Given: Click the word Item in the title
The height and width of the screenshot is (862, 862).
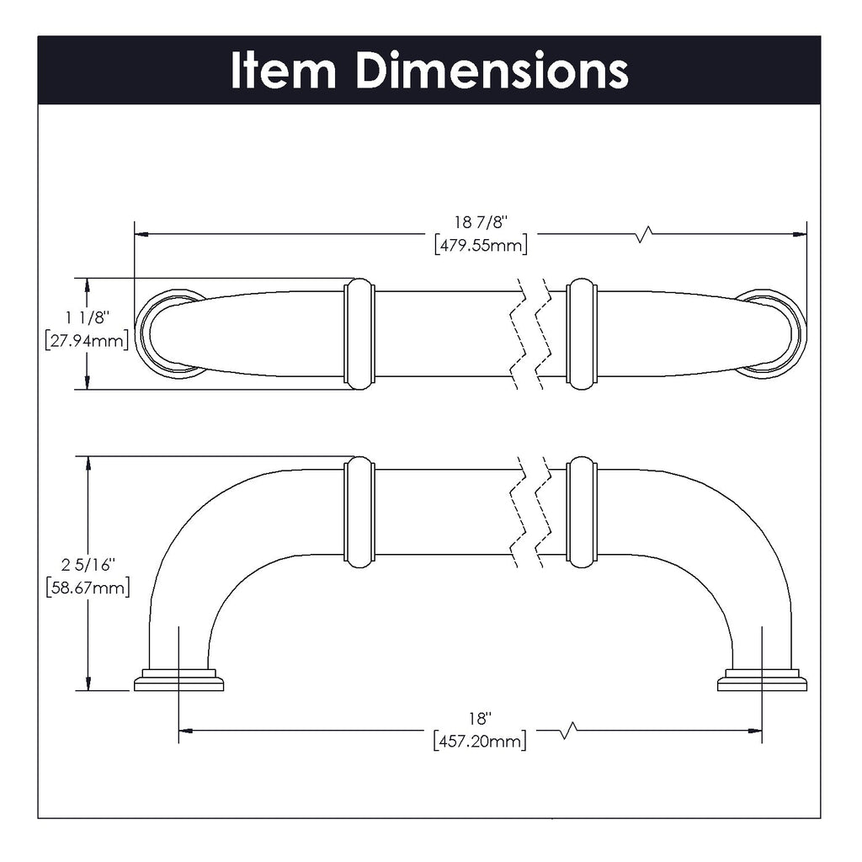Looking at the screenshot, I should [283, 71].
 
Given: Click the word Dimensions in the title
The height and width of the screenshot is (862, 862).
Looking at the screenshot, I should [492, 71].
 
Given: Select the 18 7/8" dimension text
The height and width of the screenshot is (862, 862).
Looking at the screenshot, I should [481, 222].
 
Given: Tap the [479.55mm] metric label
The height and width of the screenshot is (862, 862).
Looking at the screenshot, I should [481, 245].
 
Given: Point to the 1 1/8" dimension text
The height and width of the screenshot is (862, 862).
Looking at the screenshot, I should [87, 317].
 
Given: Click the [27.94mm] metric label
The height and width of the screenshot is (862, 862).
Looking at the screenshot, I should [87, 341].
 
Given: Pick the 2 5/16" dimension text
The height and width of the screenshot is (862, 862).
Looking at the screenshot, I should [87, 563].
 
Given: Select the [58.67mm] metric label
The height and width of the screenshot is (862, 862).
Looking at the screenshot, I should [87, 587].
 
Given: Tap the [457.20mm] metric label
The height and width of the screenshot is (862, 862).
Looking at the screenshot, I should [480, 742].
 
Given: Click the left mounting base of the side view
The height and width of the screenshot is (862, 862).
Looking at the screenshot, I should [178, 680].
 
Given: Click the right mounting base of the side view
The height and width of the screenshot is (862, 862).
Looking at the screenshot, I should [762, 680].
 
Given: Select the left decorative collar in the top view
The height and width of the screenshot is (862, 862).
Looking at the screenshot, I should [359, 333].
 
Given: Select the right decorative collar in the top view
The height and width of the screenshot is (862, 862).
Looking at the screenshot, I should [582, 333].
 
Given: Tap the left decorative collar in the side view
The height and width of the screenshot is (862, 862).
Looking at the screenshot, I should [359, 512].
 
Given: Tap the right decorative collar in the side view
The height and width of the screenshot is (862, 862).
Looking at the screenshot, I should [582, 512].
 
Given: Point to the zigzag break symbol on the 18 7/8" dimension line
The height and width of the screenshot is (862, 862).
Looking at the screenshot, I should [644, 233].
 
